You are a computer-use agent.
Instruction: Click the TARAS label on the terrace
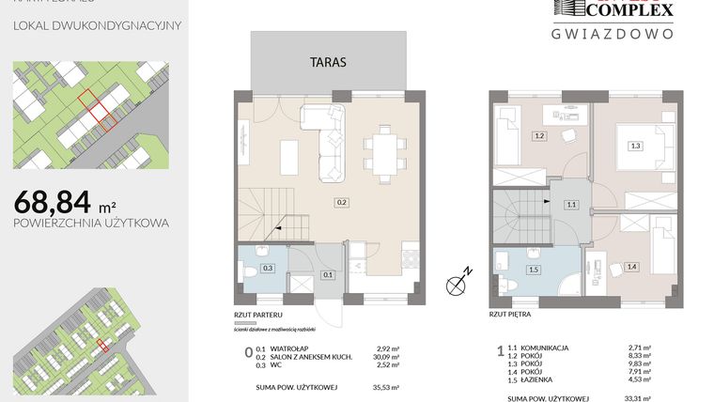coord(329,63)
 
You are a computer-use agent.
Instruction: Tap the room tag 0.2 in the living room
coord(342,201)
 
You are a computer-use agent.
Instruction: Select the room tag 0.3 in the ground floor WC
coord(268,269)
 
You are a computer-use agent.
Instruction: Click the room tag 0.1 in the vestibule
coord(327,274)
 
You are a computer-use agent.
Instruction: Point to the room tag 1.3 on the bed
coord(636,146)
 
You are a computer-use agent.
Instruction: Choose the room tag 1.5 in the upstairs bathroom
coord(535,271)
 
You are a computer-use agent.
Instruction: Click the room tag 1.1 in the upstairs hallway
coord(570,204)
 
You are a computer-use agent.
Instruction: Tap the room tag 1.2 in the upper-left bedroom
coord(540,136)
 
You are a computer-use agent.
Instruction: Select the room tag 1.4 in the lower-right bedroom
coord(632,267)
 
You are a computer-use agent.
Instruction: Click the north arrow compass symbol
coord(458,281)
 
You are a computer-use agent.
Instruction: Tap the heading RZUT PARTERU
coord(258,317)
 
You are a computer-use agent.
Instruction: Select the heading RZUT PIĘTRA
coord(512,317)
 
